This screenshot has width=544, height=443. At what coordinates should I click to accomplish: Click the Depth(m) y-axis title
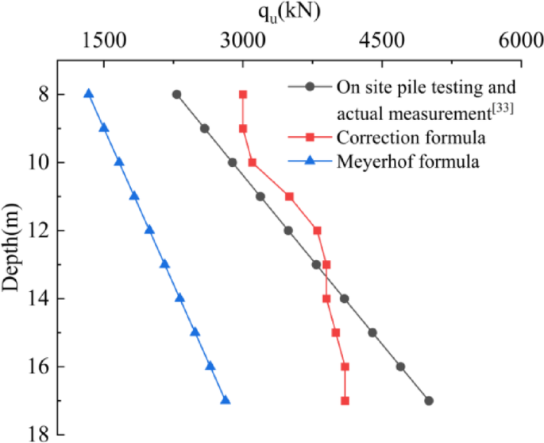11,247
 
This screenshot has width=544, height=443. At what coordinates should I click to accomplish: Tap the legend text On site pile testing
426,87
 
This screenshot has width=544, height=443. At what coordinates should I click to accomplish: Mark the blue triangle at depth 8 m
89,94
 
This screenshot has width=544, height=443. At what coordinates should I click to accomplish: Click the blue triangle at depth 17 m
226,400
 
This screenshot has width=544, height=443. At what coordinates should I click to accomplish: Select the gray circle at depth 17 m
429,401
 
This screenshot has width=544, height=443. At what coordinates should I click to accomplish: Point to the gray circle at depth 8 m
176,95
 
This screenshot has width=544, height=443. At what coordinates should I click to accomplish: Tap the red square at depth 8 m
243,95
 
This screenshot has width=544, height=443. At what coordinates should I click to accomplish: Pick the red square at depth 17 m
345,401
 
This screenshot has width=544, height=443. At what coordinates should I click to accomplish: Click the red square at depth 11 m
289,196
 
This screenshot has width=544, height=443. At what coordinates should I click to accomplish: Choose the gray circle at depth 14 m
345,299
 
